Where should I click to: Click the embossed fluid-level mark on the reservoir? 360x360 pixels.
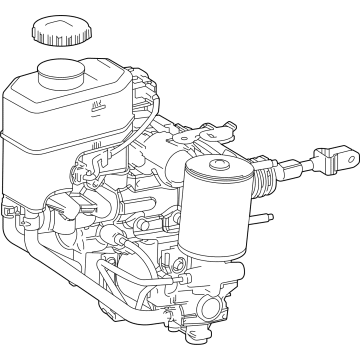click(97, 105)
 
